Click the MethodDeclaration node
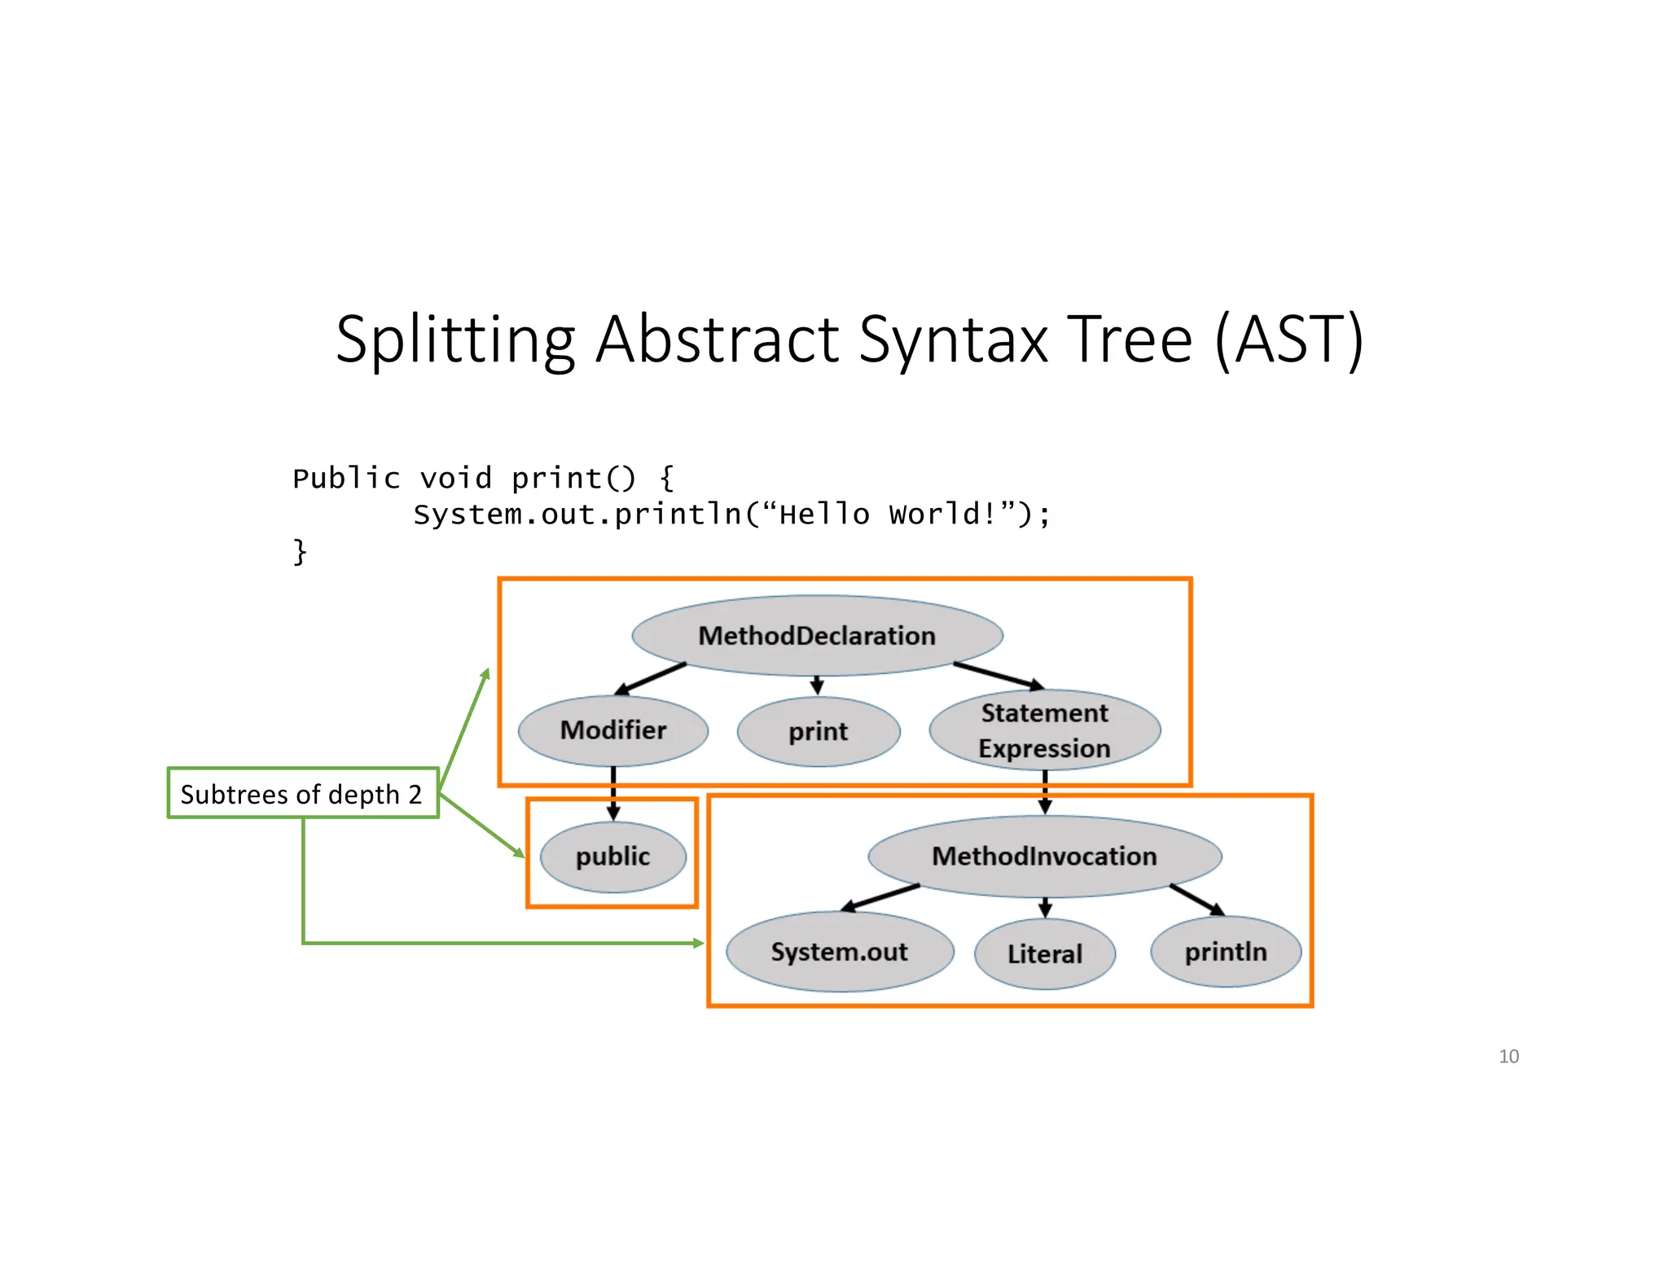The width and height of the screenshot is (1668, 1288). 817,636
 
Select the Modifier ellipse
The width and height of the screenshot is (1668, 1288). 612,730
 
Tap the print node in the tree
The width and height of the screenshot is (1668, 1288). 818,731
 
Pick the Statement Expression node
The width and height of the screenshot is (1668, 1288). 1044,730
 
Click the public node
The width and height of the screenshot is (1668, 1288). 612,856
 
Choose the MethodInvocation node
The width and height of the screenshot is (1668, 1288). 1044,856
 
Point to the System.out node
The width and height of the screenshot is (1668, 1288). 839,952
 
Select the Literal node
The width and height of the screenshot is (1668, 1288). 1044,953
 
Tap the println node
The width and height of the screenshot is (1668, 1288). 1225,952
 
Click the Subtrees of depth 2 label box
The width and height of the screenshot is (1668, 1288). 302,794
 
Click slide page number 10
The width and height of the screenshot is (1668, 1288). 1508,1057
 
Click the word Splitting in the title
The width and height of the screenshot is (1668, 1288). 454,340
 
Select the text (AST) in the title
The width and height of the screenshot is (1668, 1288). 1288,340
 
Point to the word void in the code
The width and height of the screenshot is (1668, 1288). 455,479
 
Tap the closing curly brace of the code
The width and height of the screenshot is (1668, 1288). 300,552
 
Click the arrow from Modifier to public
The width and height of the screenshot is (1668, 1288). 613,793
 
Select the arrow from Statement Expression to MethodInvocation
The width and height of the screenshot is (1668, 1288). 1045,791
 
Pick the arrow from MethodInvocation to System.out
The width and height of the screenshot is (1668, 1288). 880,898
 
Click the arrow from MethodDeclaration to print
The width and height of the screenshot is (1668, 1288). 817,685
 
